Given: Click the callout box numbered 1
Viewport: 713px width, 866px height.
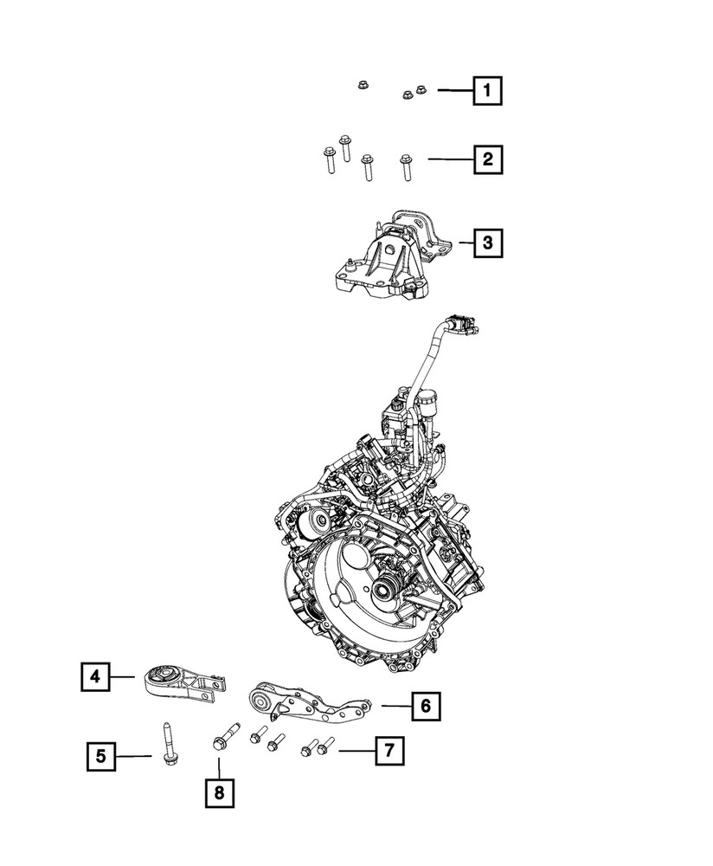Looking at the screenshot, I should click(487, 90).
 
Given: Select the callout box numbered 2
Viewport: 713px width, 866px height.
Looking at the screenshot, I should click(487, 159).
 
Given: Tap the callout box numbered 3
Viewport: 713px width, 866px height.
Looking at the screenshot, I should click(487, 243).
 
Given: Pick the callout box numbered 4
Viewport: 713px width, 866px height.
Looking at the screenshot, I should click(96, 676).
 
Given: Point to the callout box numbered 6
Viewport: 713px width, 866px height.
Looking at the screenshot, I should click(425, 707).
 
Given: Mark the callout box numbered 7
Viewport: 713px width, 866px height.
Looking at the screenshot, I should click(389, 751).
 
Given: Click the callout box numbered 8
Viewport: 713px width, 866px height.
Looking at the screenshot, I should click(219, 792).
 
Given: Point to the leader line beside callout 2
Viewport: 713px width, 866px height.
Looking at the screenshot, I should click(448, 159).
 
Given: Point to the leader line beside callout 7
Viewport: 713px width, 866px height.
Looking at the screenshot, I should click(356, 751).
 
